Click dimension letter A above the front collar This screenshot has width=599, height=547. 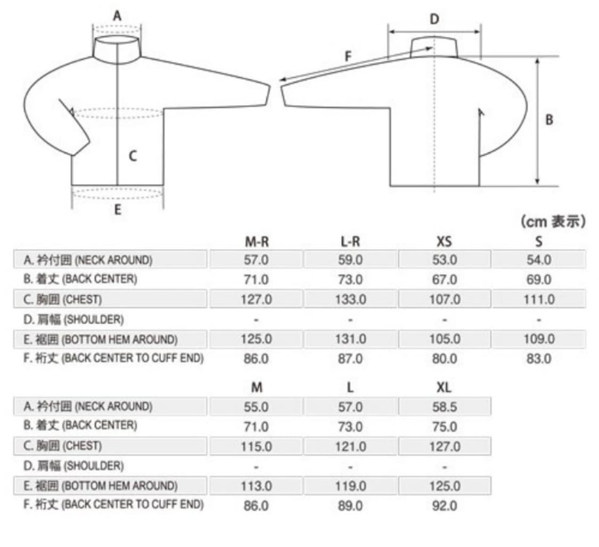pyautogui.click(x=117, y=15)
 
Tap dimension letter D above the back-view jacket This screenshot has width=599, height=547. pyautogui.click(x=434, y=19)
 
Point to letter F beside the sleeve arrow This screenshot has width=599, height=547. pyautogui.click(x=348, y=56)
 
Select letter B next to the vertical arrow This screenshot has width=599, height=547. pyautogui.click(x=549, y=120)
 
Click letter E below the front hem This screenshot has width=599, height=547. pyautogui.click(x=118, y=210)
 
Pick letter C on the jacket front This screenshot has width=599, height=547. pyautogui.click(x=133, y=156)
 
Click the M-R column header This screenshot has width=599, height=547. pyautogui.click(x=257, y=242)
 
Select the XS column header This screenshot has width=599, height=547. pyautogui.click(x=444, y=242)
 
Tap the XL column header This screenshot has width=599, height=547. pyautogui.click(x=444, y=388)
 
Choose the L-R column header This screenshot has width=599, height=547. pyautogui.click(x=350, y=242)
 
